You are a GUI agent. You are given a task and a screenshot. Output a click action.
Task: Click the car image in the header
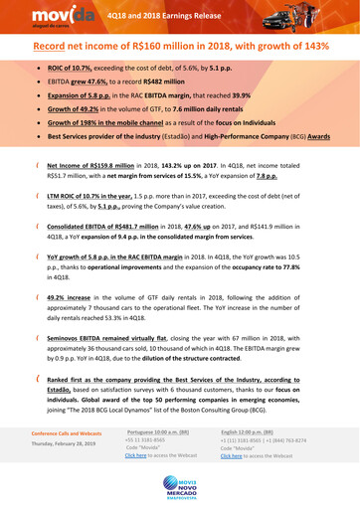(x=317, y=16)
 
